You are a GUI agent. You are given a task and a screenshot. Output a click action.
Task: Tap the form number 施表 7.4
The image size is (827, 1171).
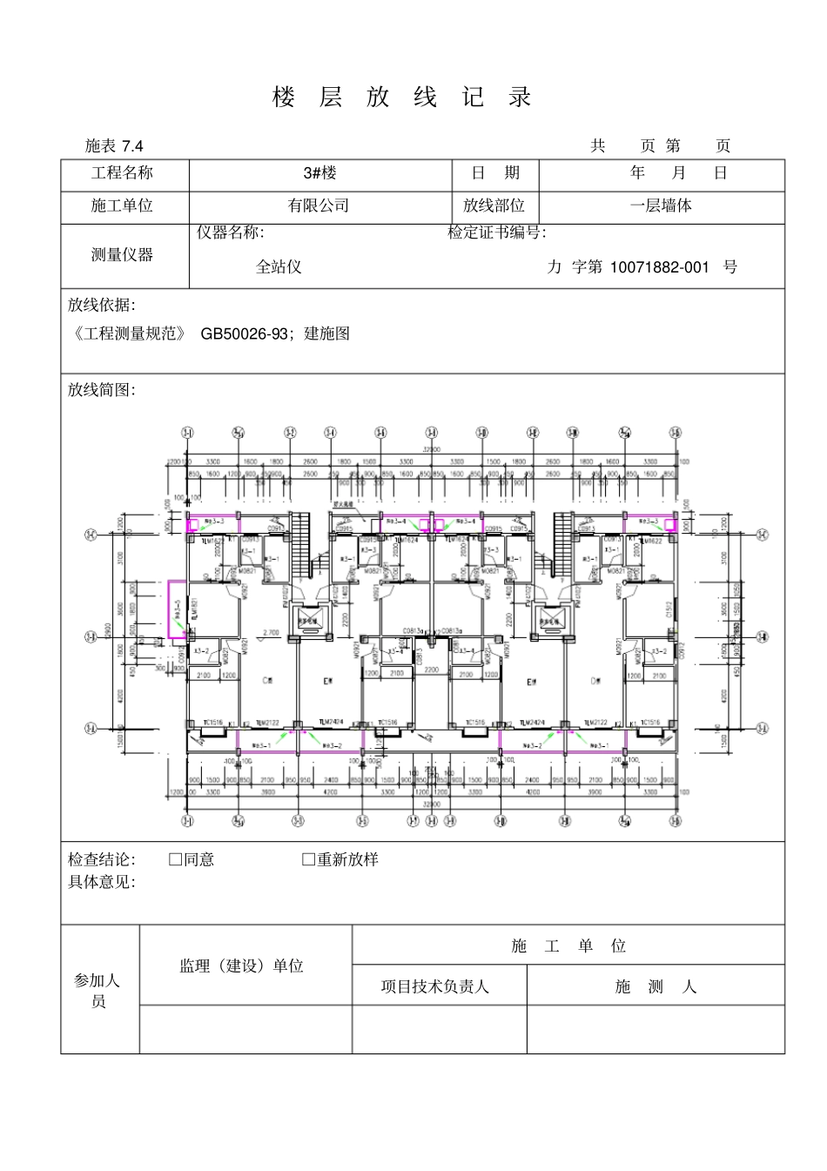pyautogui.click(x=114, y=146)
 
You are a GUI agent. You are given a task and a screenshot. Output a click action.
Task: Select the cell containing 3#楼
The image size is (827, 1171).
pyautogui.click(x=319, y=173)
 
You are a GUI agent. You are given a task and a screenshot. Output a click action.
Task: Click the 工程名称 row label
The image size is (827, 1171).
pyautogui.click(x=122, y=173)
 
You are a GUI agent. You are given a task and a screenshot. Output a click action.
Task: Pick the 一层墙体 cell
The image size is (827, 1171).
pyautogui.click(x=661, y=206)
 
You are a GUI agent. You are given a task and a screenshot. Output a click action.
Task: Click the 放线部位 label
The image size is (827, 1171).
pyautogui.click(x=494, y=206)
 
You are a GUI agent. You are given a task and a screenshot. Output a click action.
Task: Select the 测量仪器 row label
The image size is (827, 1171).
pyautogui.click(x=122, y=255)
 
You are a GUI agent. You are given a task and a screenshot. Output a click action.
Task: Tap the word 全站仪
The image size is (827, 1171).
pyautogui.click(x=279, y=267)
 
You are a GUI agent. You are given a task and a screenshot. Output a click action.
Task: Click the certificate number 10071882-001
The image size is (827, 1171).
pyautogui.click(x=659, y=267)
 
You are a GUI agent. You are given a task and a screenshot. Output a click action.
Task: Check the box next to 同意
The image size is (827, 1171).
pyautogui.click(x=176, y=860)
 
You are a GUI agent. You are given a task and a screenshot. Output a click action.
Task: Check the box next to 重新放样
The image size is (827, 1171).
pyautogui.click(x=308, y=860)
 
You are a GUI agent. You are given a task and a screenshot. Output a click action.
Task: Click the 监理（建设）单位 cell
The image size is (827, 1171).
pyautogui.click(x=242, y=966)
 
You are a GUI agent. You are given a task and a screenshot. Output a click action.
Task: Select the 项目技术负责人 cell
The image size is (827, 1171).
pyautogui.click(x=435, y=987)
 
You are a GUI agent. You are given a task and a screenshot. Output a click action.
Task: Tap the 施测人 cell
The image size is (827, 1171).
pyautogui.click(x=655, y=987)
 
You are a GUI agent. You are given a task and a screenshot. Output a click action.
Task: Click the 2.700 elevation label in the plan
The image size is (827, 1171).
pyautogui.click(x=270, y=633)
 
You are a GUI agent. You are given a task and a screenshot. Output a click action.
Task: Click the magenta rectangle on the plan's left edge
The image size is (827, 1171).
pyautogui.click(x=176, y=609)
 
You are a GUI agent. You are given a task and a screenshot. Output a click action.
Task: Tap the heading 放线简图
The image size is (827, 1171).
pyautogui.click(x=102, y=390)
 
